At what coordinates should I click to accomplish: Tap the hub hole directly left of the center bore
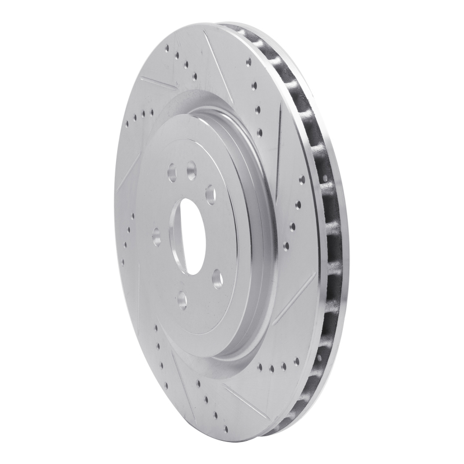(x=156, y=236)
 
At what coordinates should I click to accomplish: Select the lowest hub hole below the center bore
(x=182, y=299)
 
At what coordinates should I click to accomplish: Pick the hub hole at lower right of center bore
(x=217, y=280)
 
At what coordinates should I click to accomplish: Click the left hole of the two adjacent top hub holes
(x=172, y=172)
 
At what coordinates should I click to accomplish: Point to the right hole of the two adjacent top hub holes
(x=191, y=171)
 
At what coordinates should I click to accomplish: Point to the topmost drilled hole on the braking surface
(x=167, y=49)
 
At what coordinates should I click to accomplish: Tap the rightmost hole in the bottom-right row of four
(x=296, y=361)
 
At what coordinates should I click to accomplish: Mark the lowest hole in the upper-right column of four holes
(x=259, y=132)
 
